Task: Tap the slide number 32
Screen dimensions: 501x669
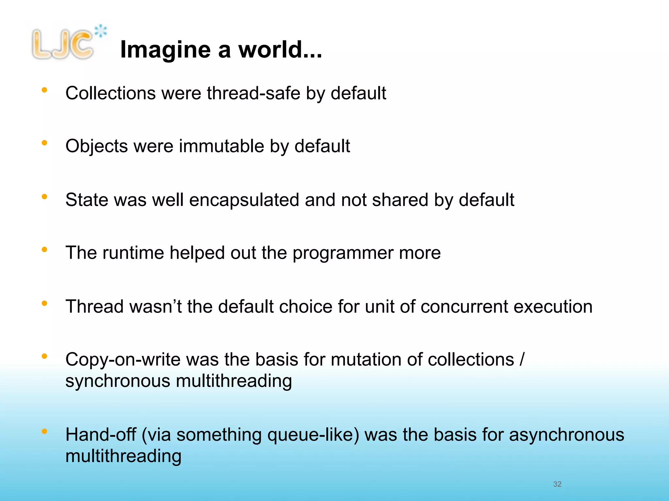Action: (557, 484)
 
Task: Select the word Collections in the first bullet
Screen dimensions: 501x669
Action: (110, 93)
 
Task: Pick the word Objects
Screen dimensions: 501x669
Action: (96, 146)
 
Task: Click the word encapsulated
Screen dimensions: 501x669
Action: (244, 200)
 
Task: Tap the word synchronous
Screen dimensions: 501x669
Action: (118, 381)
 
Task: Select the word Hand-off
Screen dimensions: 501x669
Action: (101, 435)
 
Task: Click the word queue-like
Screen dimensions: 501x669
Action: (313, 435)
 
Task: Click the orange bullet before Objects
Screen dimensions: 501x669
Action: (44, 143)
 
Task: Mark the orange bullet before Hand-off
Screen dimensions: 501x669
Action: (44, 431)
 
